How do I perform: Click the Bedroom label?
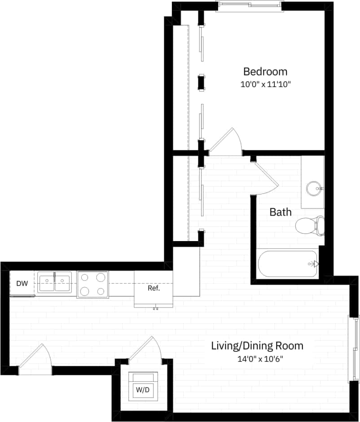tap(265, 71)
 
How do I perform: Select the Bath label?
tap(280, 212)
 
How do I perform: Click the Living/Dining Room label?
tap(257, 346)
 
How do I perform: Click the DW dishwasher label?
tap(22, 283)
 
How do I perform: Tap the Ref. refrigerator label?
tap(154, 288)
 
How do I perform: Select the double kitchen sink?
tap(54, 282)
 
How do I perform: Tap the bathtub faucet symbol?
tap(316, 264)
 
